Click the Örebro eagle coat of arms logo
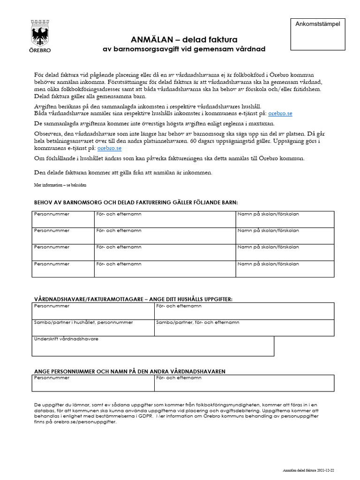click(41, 33)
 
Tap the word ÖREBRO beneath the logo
click(41, 50)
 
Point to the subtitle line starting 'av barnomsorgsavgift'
click(184, 49)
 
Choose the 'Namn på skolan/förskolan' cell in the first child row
click(285, 219)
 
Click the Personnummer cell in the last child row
click(63, 269)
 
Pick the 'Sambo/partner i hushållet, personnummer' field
click(93, 328)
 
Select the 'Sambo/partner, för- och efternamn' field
click(244, 328)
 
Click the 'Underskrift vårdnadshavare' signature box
click(153, 346)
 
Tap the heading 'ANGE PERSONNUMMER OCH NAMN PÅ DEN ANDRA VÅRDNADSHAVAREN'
click(130, 371)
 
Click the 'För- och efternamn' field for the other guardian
click(244, 383)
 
